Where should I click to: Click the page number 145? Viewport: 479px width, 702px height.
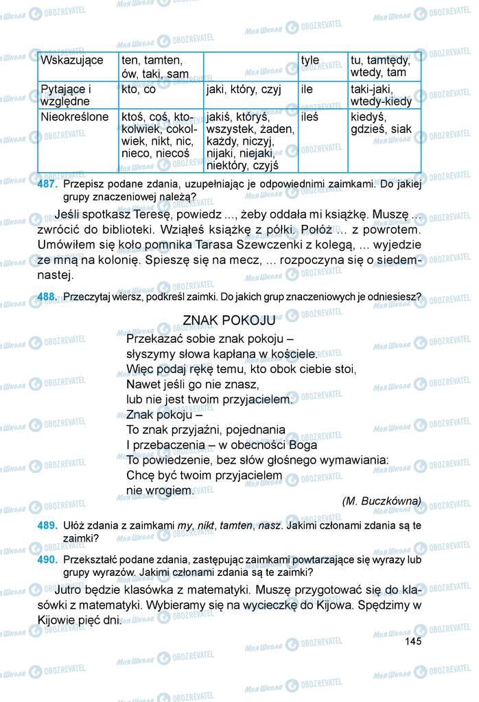tap(412, 641)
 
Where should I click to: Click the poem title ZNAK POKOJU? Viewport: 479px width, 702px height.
tap(229, 320)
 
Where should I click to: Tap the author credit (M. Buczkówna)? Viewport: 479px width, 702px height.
tap(382, 500)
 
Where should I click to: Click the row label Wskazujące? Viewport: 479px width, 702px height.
tap(72, 60)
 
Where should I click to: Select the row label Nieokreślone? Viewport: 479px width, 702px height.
tap(74, 117)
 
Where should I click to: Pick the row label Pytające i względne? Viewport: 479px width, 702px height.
tap(66, 95)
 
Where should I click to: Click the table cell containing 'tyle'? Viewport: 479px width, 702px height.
tap(310, 60)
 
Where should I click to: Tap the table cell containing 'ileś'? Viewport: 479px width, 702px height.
tap(310, 117)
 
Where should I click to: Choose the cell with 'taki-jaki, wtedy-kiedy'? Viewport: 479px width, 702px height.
tap(382, 95)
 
